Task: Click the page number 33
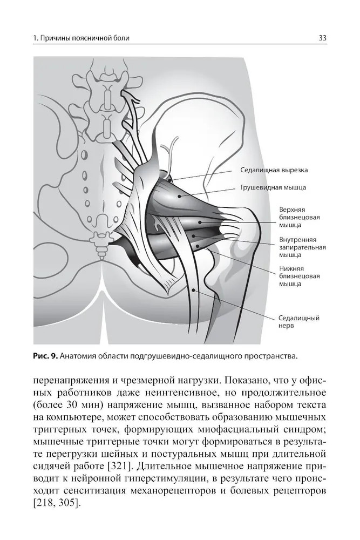tap(323, 38)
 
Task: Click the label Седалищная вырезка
tap(274, 170)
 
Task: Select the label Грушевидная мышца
tap(274, 188)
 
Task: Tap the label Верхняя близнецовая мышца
tap(299, 216)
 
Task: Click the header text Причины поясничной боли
tap(86, 38)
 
